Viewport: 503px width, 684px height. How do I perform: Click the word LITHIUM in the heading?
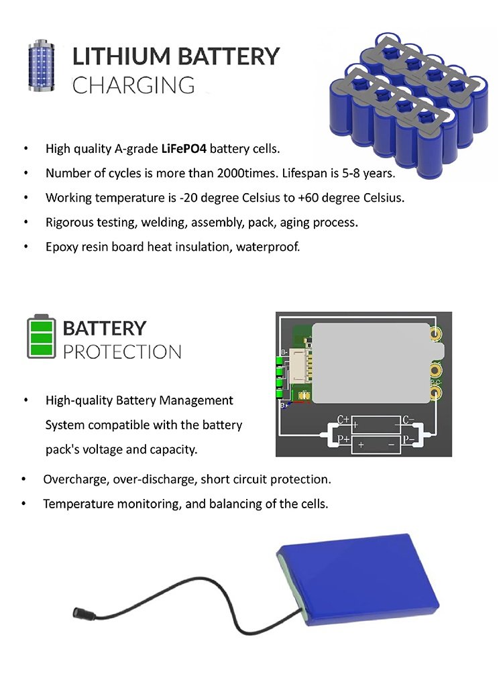pyautogui.click(x=121, y=57)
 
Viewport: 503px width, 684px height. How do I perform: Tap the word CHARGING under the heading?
pyautogui.click(x=133, y=85)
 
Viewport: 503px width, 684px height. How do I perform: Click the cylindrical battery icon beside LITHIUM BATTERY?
pyautogui.click(x=42, y=66)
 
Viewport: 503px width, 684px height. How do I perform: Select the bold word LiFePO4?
pyautogui.click(x=184, y=149)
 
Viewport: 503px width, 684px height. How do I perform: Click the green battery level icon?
pyautogui.click(x=42, y=337)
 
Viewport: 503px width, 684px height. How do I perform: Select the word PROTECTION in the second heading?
pyautogui.click(x=122, y=352)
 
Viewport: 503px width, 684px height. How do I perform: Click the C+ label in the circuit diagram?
pyautogui.click(x=343, y=420)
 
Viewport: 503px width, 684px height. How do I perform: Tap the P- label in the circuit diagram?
pyautogui.click(x=408, y=439)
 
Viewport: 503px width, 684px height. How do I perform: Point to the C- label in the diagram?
pyautogui.click(x=408, y=420)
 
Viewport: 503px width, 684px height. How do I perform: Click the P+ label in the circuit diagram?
pyautogui.click(x=343, y=439)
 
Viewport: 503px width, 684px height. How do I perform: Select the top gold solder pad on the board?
pyautogui.click(x=435, y=335)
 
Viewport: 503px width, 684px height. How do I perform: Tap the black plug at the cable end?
pyautogui.click(x=79, y=612)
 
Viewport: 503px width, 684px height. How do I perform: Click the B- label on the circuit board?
pyautogui.click(x=284, y=352)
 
